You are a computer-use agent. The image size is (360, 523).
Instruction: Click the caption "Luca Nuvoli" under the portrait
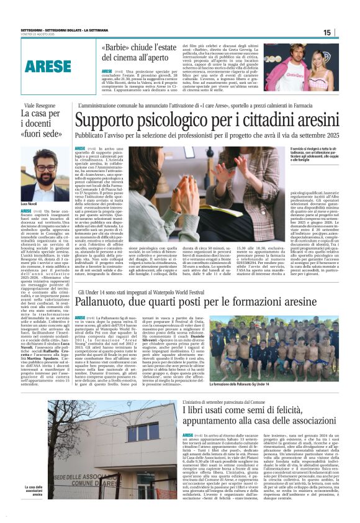[30, 203]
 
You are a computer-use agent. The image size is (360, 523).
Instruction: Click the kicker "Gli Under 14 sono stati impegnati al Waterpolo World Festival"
[153, 292]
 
